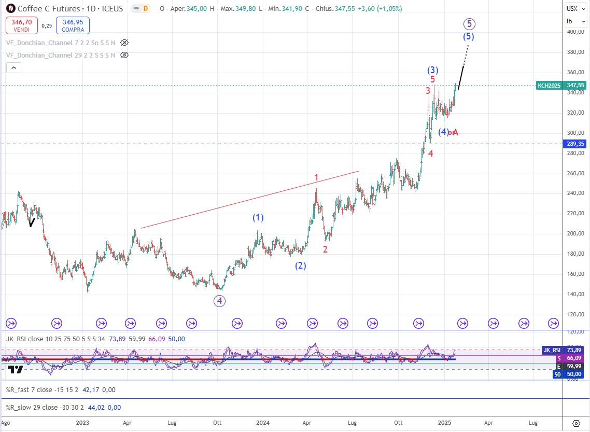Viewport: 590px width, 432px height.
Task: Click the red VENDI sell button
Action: tap(21, 25)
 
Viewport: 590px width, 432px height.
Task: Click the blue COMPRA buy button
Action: tap(74, 25)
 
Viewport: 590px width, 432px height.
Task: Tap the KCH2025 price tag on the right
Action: tap(561, 85)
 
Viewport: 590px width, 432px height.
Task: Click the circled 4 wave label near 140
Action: tap(220, 300)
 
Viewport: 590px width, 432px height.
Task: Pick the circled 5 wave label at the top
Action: tap(469, 23)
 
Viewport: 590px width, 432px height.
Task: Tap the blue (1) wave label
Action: tap(258, 218)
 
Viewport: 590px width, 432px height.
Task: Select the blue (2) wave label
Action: tap(301, 266)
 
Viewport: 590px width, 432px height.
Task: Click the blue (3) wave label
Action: tap(433, 70)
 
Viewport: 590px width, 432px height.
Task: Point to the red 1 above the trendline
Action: tap(316, 178)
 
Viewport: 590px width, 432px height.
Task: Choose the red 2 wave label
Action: tap(325, 249)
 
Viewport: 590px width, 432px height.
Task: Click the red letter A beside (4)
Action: tap(455, 132)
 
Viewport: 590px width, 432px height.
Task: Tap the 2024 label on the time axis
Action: tap(263, 423)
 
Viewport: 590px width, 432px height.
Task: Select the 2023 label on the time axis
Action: tap(82, 423)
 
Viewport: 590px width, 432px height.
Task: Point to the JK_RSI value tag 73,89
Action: tap(561, 350)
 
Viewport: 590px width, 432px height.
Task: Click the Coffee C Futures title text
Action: tap(49, 9)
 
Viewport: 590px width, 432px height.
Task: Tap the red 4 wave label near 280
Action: tap(431, 153)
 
